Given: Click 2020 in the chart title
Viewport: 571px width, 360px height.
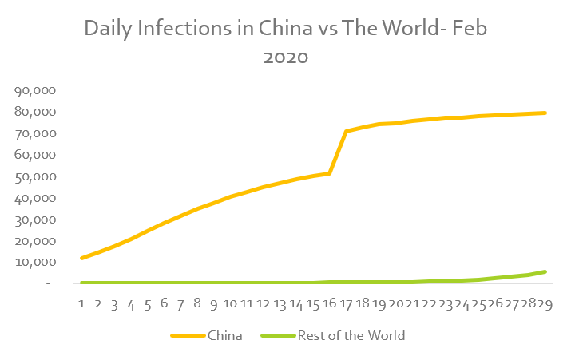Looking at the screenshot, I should pos(285,57).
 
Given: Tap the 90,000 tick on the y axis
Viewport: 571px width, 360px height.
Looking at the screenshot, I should pos(34,91).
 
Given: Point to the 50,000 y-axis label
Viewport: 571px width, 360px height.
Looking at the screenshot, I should pos(34,176).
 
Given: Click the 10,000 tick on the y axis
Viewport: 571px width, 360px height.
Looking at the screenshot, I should pos(34,262).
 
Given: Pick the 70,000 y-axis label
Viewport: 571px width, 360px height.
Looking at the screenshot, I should pos(34,133).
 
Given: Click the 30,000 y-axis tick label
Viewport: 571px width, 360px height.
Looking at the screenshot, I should pos(34,220).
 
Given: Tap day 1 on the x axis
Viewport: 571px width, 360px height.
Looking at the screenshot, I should pos(81,303).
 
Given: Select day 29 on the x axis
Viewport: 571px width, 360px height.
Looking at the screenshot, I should pos(545,303).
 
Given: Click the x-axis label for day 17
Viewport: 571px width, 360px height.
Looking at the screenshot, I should pos(346,303).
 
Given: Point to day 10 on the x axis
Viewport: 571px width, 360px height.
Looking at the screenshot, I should pos(230,303).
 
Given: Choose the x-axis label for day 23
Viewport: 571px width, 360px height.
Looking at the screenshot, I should pos(446,303).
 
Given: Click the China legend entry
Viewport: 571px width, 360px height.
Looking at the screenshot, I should pos(224,336).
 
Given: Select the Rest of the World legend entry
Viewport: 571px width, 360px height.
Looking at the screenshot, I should pos(351,336).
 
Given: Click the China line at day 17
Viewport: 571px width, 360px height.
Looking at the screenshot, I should pos(346,131).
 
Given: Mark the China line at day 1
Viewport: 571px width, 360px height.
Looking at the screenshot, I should pos(81,258).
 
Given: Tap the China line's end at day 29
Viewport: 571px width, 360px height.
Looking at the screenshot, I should pos(545,113).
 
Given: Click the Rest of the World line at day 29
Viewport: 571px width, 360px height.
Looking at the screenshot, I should pos(545,271).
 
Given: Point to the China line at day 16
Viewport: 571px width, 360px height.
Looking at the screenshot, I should pos(329,173).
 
